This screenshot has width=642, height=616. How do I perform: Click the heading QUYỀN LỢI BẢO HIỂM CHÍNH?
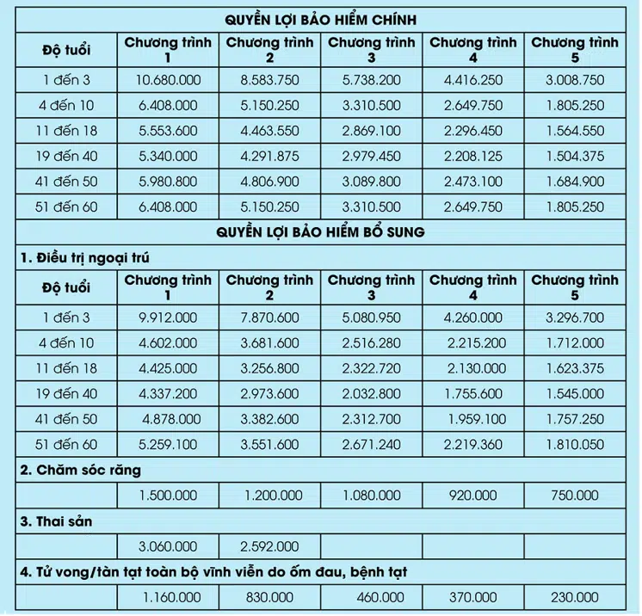point(321,19)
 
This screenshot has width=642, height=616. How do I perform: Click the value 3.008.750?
point(574,81)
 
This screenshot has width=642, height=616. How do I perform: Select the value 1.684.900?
point(574,183)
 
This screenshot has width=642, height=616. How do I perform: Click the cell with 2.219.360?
point(474,447)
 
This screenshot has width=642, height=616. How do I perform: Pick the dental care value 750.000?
point(574,496)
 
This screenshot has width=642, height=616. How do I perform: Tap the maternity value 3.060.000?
point(168,546)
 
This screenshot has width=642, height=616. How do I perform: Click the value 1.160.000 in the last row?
point(168,596)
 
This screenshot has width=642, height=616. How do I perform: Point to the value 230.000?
point(574,596)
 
